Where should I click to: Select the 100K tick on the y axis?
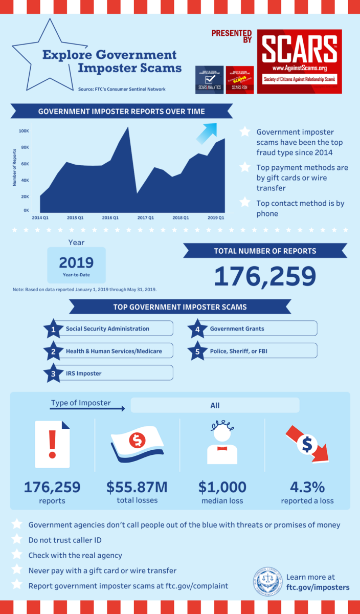point(24,131)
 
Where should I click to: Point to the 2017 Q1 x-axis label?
point(145,217)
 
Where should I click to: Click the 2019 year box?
point(76,265)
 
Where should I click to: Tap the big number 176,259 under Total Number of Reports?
point(264,276)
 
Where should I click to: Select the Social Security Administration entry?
point(107,328)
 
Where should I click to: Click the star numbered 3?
point(53,373)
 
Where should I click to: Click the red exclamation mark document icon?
point(52,444)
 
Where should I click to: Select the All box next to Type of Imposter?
point(215,405)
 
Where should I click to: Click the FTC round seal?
point(267,582)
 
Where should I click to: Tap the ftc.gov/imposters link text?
point(318,587)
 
